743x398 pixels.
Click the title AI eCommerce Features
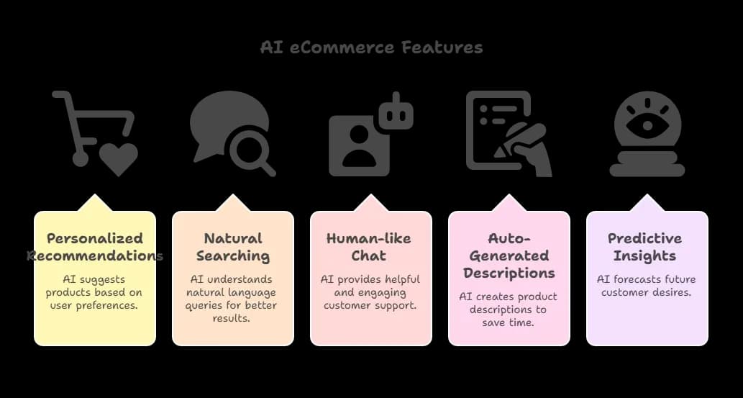point(371,48)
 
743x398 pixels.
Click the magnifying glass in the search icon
point(249,149)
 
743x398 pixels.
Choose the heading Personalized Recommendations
point(95,247)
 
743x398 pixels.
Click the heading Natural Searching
point(233,247)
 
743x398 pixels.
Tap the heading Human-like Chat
point(371,247)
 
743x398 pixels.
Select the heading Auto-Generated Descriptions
point(509,255)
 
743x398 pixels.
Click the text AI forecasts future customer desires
point(647,286)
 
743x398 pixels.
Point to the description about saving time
point(509,310)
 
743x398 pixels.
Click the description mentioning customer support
point(371,293)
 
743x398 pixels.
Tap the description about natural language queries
point(233,299)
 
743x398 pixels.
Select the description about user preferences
point(95,293)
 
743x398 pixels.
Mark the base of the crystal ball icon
point(647,168)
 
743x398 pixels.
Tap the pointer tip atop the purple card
point(647,197)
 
